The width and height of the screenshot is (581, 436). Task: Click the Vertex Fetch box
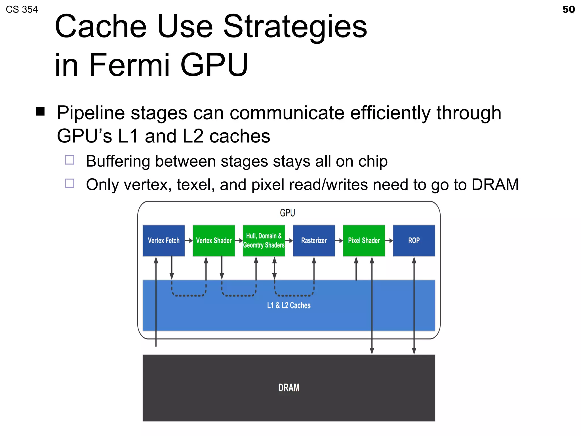(x=164, y=240)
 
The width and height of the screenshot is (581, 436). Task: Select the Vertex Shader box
(x=214, y=240)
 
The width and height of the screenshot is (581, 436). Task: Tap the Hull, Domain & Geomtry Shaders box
(x=264, y=240)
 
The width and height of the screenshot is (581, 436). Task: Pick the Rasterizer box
(x=314, y=240)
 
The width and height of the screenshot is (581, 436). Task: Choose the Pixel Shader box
(x=364, y=240)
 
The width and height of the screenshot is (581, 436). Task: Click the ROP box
(x=414, y=240)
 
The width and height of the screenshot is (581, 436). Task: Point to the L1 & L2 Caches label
(x=289, y=305)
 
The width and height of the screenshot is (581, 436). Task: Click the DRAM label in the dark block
(x=289, y=388)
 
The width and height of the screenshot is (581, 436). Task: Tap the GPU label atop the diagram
(x=287, y=213)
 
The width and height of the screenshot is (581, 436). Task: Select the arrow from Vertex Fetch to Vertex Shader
(x=189, y=240)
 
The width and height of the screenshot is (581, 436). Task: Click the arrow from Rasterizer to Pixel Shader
(x=339, y=240)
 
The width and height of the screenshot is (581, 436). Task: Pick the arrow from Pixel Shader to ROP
(x=389, y=240)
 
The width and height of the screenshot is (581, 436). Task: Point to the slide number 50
(x=568, y=9)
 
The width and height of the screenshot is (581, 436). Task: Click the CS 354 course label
(x=22, y=9)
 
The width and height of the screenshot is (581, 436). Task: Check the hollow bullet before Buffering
(x=70, y=160)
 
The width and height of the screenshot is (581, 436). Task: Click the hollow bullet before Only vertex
(x=70, y=183)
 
